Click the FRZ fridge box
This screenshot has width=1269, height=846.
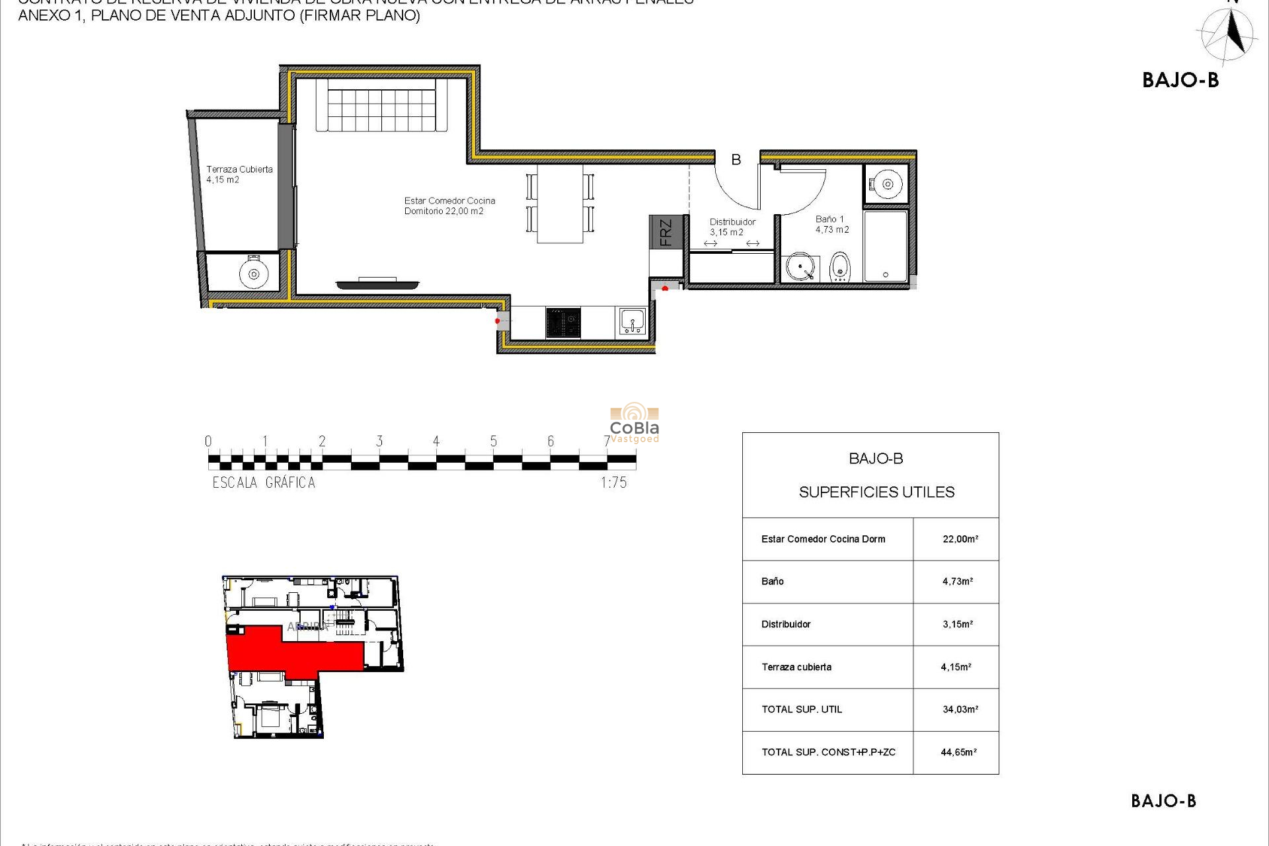click(666, 232)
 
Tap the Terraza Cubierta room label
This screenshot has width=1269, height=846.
click(239, 174)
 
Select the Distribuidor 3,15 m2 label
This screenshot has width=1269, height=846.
click(732, 227)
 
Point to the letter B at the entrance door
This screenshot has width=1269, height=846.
click(736, 159)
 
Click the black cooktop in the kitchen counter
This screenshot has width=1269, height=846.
click(563, 323)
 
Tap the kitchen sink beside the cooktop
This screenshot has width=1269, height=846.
click(632, 323)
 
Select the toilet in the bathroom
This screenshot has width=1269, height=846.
click(839, 267)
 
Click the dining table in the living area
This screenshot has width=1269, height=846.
click(560, 204)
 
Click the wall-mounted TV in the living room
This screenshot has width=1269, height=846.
click(377, 284)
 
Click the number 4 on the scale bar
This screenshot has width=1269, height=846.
click(436, 442)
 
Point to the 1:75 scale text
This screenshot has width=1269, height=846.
click(613, 483)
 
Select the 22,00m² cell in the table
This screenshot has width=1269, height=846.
click(960, 539)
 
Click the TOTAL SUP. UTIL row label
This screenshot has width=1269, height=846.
click(801, 710)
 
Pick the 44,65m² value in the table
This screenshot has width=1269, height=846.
click(958, 752)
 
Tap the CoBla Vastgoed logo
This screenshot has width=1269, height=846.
click(634, 423)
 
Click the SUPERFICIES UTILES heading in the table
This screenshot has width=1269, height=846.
click(876, 492)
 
